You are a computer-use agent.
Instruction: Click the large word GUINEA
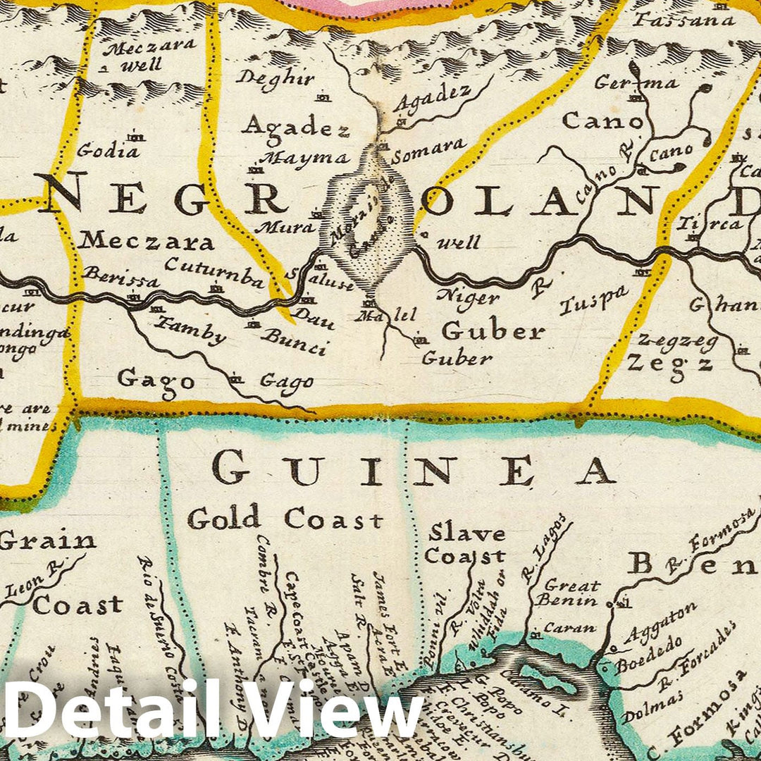pos(414,470)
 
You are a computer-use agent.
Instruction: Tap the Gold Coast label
pos(285,519)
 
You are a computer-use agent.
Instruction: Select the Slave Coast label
pos(466,545)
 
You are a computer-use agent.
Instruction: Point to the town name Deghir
pos(276,78)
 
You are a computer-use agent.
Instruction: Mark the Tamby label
pos(191,330)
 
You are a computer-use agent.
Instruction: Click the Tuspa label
pos(593,301)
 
